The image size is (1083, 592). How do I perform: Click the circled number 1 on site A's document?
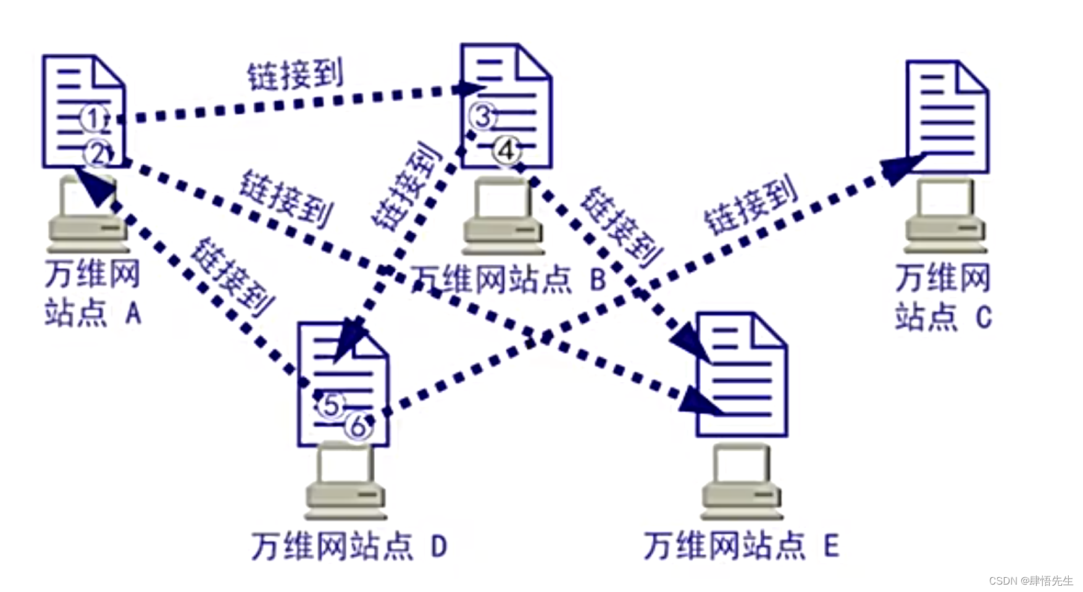[93, 119]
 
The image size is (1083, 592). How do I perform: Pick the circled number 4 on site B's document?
[506, 150]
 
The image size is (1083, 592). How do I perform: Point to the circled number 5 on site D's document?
[331, 406]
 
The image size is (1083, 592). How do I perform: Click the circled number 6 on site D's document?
[358, 427]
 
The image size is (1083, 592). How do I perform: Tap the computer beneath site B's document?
[503, 216]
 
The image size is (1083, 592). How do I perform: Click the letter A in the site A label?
[133, 314]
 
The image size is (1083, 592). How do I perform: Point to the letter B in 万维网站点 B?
[597, 280]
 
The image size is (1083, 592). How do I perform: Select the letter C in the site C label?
[984, 317]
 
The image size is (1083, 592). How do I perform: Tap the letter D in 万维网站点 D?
[438, 546]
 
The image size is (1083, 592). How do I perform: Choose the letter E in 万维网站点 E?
[831, 546]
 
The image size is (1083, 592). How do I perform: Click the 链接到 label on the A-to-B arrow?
[295, 75]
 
